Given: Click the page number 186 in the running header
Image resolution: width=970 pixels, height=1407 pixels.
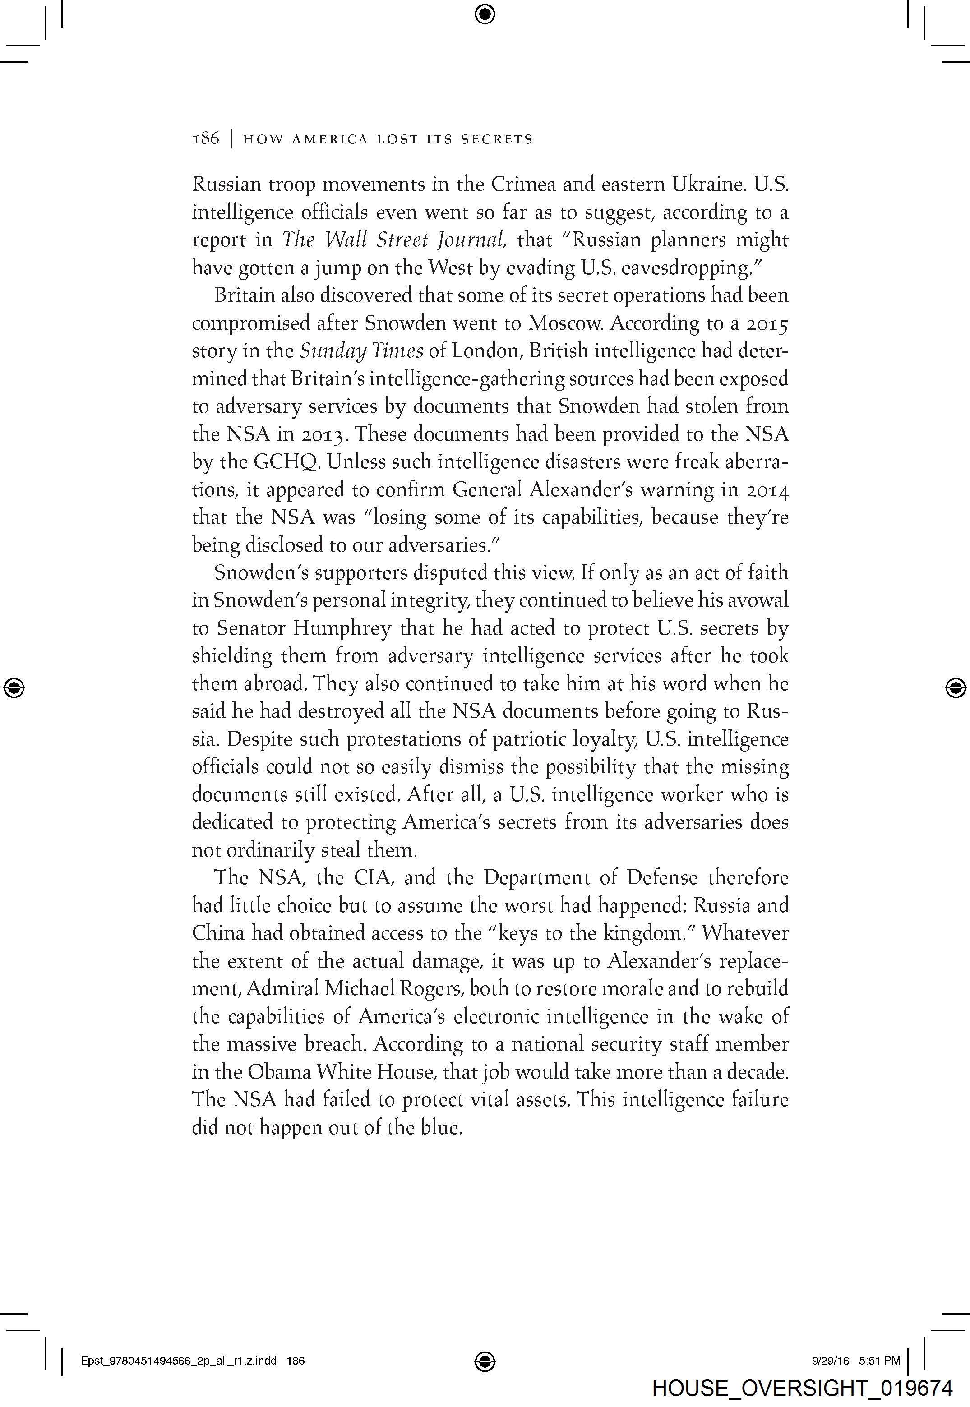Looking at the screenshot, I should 205,139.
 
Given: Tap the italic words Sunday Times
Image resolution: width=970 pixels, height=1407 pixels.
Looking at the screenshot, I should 362,351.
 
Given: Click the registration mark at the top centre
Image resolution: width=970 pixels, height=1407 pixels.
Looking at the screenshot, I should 485,14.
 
